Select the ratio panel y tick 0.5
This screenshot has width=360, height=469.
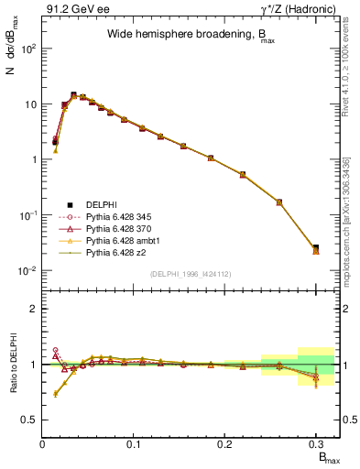[x=30, y=420]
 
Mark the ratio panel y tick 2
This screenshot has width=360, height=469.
[x=34, y=309]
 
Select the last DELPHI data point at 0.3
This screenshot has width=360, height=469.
[x=316, y=248]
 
